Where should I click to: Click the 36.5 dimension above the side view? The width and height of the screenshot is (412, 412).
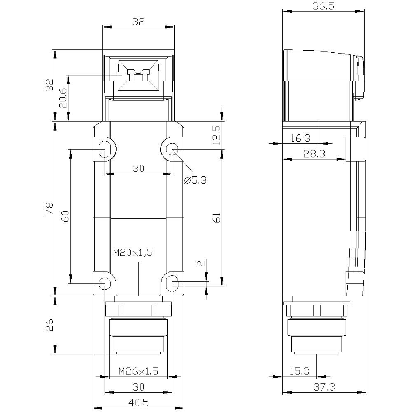323,6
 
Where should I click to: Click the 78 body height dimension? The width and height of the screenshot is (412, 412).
49,208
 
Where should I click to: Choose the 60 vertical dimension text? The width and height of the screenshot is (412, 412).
65,216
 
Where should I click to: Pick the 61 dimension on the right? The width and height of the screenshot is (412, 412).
216,218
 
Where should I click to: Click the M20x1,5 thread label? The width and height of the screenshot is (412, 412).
133,253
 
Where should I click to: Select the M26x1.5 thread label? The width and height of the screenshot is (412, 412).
138,371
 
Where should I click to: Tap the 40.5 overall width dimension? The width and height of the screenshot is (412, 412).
138,402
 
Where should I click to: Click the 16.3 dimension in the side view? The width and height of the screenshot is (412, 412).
300,138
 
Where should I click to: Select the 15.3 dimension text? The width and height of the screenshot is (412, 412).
299,371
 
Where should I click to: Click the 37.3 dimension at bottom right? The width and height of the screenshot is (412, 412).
323,387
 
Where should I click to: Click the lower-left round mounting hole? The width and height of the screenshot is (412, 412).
105,283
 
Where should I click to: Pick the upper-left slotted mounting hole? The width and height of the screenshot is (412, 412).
104,149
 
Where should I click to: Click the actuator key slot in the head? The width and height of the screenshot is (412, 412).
138,75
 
